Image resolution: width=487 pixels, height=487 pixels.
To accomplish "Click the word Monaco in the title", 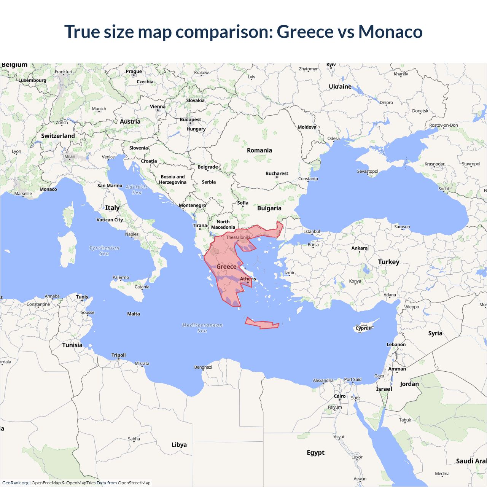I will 390,32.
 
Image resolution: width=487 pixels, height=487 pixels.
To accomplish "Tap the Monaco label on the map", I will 48,189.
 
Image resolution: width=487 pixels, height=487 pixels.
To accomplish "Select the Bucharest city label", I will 277,173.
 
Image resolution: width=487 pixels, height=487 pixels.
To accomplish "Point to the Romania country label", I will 259,150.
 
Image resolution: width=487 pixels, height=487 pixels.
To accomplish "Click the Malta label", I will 134,314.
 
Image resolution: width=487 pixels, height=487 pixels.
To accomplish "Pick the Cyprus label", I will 363,328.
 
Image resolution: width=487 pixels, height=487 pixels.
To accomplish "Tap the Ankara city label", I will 359,248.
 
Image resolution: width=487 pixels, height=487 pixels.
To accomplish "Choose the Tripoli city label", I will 118,355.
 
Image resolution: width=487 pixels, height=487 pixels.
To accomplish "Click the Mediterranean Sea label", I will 202,328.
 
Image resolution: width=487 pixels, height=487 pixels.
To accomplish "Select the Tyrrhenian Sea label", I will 104,250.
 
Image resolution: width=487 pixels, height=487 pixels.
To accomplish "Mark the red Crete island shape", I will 263,324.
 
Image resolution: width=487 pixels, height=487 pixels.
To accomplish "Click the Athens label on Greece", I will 248,279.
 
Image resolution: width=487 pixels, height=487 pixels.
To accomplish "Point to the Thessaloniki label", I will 238,237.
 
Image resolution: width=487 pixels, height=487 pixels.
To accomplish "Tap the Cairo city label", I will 340,396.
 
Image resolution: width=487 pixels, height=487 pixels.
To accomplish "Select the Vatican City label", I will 110,220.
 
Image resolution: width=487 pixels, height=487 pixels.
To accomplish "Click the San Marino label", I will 110,186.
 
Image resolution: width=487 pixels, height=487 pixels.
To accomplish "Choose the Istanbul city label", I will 312,231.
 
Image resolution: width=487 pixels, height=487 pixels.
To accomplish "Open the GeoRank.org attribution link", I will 15,483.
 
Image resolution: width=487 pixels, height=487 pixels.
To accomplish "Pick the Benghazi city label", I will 203,367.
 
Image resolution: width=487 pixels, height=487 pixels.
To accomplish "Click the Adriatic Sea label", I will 137,189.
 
